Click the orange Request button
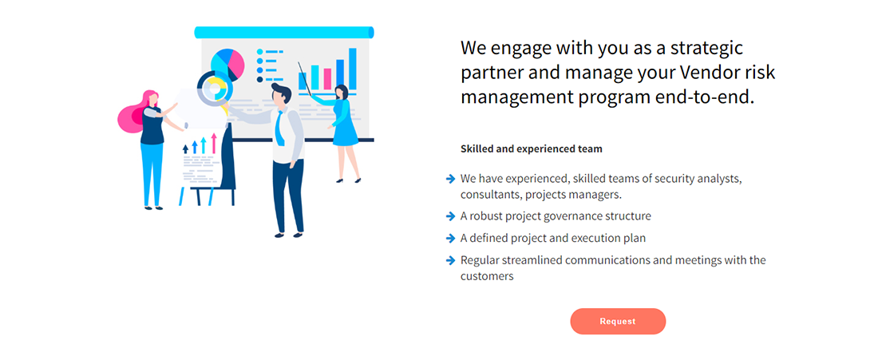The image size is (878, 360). (x=618, y=322)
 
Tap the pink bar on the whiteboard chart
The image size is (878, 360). (x=327, y=79)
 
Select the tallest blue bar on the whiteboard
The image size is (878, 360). (x=353, y=69)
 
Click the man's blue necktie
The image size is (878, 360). (x=281, y=129)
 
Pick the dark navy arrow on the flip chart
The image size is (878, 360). (x=186, y=149)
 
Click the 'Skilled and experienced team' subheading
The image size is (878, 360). (x=532, y=149)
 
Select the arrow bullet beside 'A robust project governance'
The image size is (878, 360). (x=450, y=216)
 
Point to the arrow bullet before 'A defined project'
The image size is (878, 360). (x=450, y=238)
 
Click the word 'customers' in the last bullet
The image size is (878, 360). (x=487, y=276)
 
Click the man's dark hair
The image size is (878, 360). (x=281, y=92)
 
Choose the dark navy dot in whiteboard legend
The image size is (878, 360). (x=260, y=80)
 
